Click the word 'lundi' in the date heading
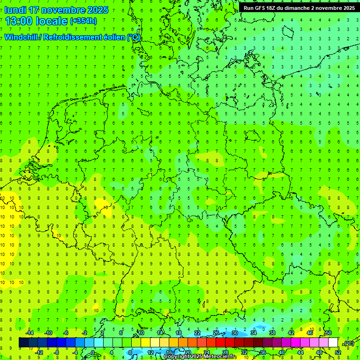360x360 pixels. pyautogui.click(x=15, y=10)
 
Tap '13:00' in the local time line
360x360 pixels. pyautogui.click(x=18, y=21)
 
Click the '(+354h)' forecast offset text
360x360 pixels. pyautogui.click(x=83, y=21)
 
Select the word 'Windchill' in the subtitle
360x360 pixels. pyautogui.click(x=22, y=37)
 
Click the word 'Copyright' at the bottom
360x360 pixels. pyautogui.click(x=177, y=357)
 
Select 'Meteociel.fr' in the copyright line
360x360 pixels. pyautogui.click(x=220, y=357)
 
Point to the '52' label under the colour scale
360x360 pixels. pyautogui.click(x=337, y=352)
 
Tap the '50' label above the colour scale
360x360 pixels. pyautogui.click(x=328, y=333)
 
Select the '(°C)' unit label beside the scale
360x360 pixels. pyautogui.click(x=349, y=343)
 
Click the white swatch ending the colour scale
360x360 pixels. pyautogui.click(x=333, y=343)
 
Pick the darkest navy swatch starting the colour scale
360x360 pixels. pyautogui.click(x=23, y=343)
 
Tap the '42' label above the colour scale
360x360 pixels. pyautogui.click(x=291, y=333)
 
